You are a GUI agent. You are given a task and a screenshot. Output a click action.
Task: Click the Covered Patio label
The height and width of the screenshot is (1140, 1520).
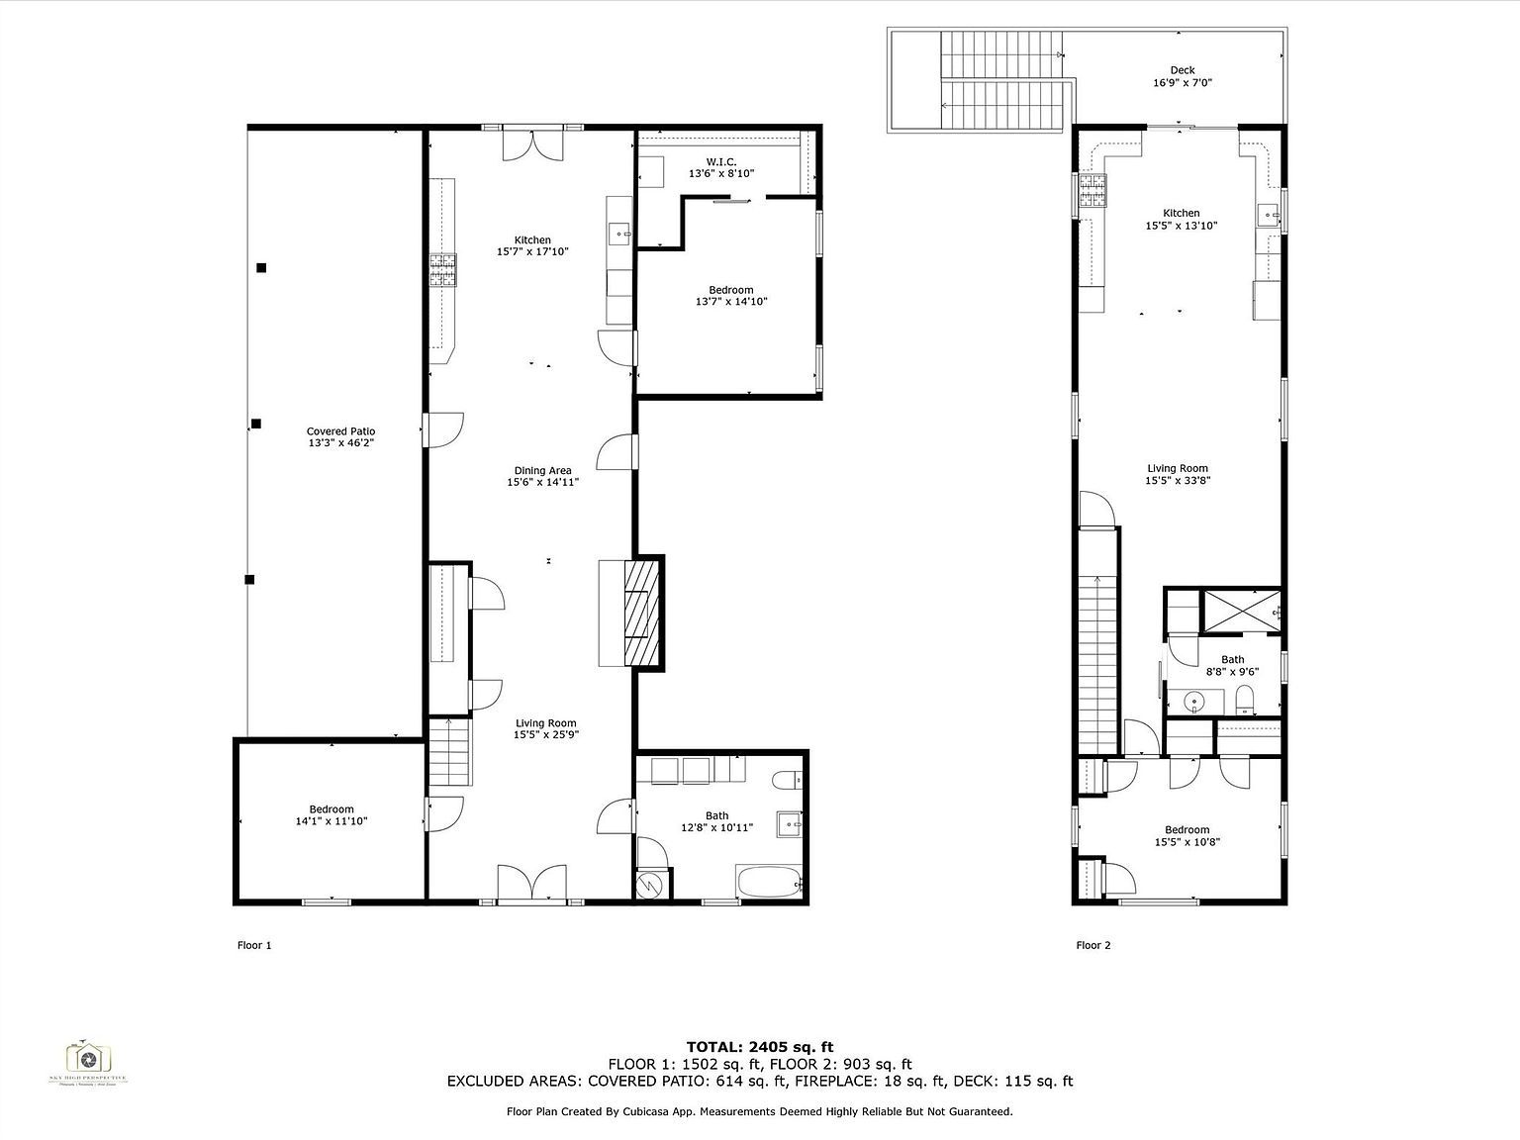tap(340, 431)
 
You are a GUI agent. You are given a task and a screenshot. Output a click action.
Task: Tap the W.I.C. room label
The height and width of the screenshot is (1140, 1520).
tap(720, 161)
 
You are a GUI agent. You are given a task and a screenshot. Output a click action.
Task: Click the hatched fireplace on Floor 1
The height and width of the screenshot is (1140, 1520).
tap(641, 613)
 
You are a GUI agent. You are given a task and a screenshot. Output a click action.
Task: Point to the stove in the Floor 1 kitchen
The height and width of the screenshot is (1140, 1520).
tap(443, 270)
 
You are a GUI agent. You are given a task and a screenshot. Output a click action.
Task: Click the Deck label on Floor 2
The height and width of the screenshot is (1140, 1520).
tap(1182, 70)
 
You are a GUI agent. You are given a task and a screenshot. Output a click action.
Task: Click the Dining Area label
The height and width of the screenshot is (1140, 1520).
tap(542, 471)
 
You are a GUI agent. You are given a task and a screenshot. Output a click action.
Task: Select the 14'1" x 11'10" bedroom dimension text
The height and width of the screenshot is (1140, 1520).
tap(331, 821)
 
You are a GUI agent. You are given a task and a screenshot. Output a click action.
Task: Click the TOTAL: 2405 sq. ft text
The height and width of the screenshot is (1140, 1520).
tap(759, 1046)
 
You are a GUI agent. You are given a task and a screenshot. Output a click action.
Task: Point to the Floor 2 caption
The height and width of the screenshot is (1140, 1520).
tap(1092, 945)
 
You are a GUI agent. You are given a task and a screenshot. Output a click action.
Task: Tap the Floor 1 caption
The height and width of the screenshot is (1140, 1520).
tap(254, 945)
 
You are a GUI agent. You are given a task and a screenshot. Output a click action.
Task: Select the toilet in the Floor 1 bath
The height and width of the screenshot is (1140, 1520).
tap(789, 780)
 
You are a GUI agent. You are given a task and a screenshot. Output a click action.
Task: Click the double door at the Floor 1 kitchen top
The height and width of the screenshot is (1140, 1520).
tap(533, 144)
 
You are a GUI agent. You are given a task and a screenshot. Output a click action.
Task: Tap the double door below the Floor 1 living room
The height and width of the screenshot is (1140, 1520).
tap(532, 883)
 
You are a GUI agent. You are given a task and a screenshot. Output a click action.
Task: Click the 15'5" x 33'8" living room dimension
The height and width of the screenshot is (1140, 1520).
tap(1178, 480)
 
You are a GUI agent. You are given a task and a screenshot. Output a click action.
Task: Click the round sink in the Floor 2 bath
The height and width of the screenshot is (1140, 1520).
tap(1194, 703)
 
